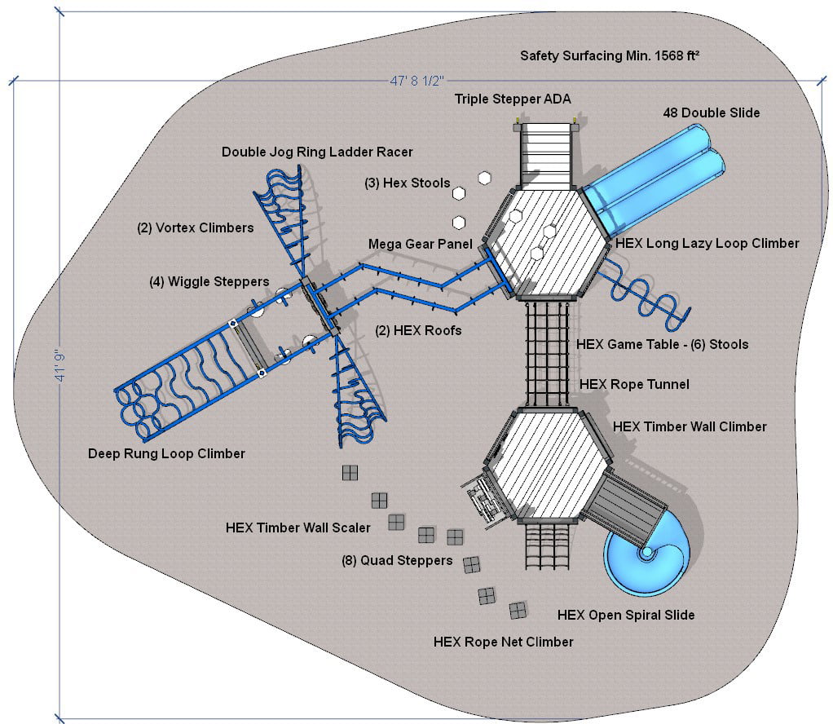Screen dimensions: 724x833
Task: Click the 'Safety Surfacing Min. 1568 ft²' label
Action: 610,56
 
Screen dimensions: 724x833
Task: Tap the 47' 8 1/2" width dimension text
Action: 416,81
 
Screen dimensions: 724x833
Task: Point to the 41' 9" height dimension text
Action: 59,368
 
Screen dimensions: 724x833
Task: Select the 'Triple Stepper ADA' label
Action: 513,99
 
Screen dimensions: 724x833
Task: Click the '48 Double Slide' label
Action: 711,113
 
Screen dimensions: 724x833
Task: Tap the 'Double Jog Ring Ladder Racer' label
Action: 317,152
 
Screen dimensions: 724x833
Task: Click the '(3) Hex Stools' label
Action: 407,183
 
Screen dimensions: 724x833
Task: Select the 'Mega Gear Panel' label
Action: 420,244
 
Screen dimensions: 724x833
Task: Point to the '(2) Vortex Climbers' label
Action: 195,227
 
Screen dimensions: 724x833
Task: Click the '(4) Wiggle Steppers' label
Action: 209,281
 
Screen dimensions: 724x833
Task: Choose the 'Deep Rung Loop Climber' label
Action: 166,453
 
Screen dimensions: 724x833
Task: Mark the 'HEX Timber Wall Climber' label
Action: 690,426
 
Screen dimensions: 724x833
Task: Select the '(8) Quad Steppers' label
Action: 396,560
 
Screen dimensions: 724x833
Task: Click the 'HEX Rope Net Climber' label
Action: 503,642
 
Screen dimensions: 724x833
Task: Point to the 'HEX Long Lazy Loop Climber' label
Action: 707,243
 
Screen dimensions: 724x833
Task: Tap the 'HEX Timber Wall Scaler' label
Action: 297,528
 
